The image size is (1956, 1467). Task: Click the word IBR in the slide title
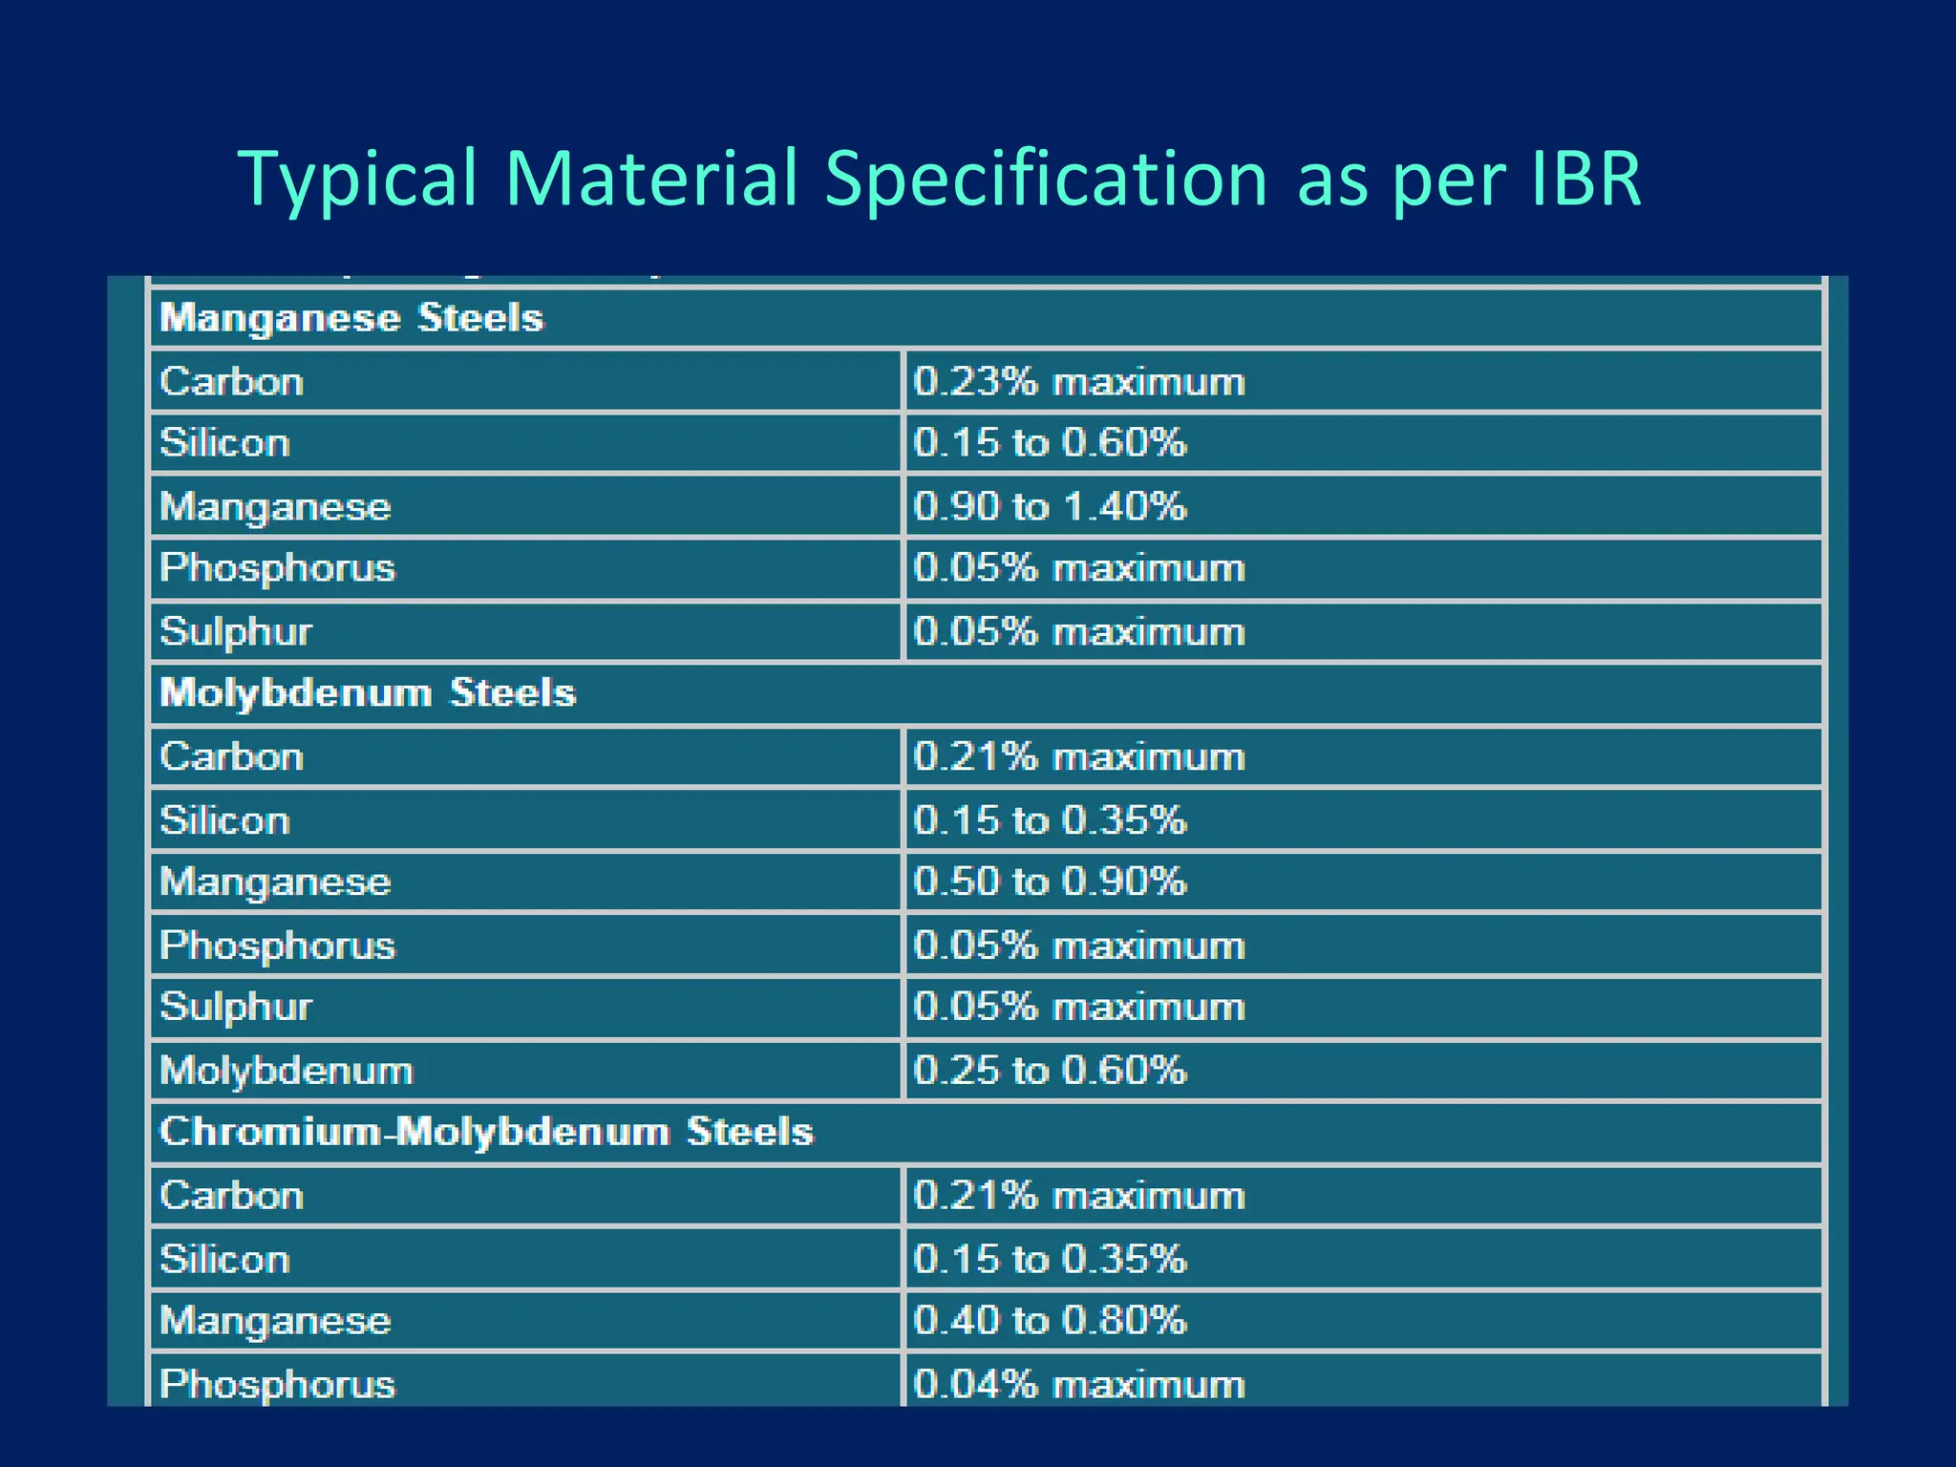click(x=1585, y=179)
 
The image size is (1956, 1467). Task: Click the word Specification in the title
click(x=1045, y=179)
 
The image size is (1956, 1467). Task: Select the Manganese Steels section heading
click(x=351, y=318)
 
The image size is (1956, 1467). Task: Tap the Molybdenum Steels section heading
click(x=368, y=692)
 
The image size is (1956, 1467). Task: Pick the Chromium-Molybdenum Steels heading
click(x=486, y=1132)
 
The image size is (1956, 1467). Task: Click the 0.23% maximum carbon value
click(x=1079, y=382)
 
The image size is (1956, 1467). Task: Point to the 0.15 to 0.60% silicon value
click(x=1050, y=443)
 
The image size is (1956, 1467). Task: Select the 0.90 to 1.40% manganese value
click(x=1050, y=506)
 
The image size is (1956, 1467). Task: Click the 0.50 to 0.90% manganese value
click(x=1050, y=882)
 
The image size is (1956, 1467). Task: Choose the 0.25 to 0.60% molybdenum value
click(x=1050, y=1071)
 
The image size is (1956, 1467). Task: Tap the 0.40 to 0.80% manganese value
click(x=1050, y=1321)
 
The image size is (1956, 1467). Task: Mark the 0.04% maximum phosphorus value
click(x=1079, y=1384)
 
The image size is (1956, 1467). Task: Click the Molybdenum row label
click(x=287, y=1071)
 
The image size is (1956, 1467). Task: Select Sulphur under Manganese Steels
click(x=236, y=632)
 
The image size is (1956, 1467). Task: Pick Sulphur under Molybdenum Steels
click(x=236, y=1008)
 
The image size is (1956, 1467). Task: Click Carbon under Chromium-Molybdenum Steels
click(x=232, y=1196)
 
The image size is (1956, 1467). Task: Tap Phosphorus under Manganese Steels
click(x=277, y=568)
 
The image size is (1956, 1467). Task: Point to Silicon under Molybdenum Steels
click(x=224, y=820)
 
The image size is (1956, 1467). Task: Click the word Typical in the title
click(x=357, y=179)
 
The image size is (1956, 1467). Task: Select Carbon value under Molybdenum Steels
click(x=1079, y=757)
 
